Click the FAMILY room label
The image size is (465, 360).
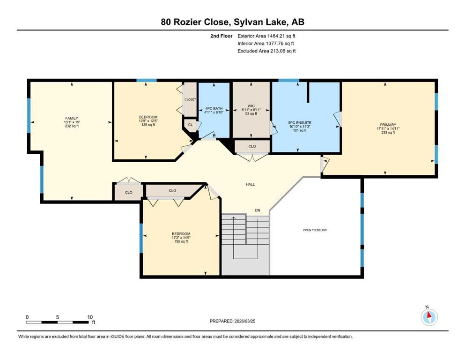[x=72, y=118]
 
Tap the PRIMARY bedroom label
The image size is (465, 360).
[x=388, y=125]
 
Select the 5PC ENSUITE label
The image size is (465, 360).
[x=300, y=122]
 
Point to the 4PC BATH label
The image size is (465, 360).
[x=214, y=109]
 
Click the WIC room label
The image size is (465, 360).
[x=251, y=106]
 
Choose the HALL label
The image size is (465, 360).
[x=250, y=184]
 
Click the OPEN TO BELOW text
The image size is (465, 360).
[x=315, y=230]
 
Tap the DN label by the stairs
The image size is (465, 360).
[x=258, y=210]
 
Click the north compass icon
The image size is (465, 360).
[x=429, y=317]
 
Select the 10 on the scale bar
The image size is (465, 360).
[x=90, y=317]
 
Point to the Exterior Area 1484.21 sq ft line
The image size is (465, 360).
[x=266, y=36]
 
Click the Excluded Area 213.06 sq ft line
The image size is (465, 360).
[x=266, y=51]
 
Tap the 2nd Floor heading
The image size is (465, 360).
[x=221, y=36]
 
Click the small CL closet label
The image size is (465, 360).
[x=191, y=125]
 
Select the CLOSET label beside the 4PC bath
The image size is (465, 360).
[x=190, y=99]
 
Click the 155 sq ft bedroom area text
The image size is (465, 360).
[x=181, y=241]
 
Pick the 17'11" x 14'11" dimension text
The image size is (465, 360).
[x=388, y=128]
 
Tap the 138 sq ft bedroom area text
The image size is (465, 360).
[x=148, y=125]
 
